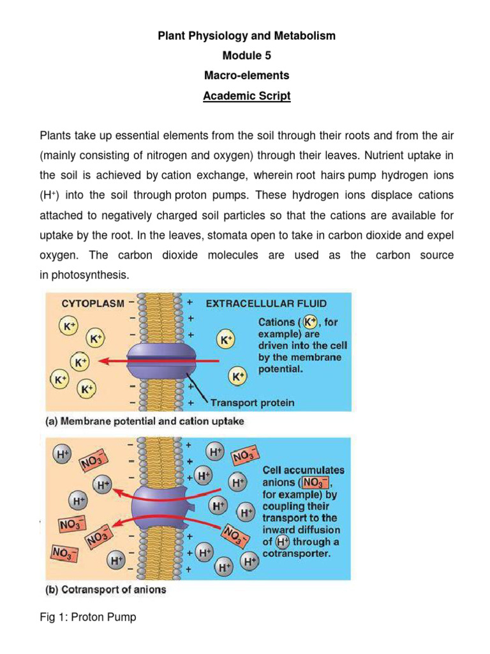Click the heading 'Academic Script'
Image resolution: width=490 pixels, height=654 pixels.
(x=246, y=96)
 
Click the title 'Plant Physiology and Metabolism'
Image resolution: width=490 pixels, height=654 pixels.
(x=246, y=36)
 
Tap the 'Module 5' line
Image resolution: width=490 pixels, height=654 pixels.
(x=246, y=56)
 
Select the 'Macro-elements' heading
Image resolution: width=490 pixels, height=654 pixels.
(x=246, y=76)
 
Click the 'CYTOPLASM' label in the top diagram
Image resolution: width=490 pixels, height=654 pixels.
(x=93, y=304)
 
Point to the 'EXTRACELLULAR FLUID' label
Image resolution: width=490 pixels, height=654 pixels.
(x=266, y=304)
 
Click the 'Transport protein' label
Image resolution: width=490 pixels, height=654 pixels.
(x=253, y=402)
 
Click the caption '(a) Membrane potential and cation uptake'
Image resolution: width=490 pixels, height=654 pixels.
(x=144, y=422)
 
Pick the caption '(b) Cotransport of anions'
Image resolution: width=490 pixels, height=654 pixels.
(x=106, y=590)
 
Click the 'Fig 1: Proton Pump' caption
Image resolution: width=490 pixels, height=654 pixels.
(x=88, y=618)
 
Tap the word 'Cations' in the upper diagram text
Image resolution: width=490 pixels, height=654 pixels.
(x=276, y=322)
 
